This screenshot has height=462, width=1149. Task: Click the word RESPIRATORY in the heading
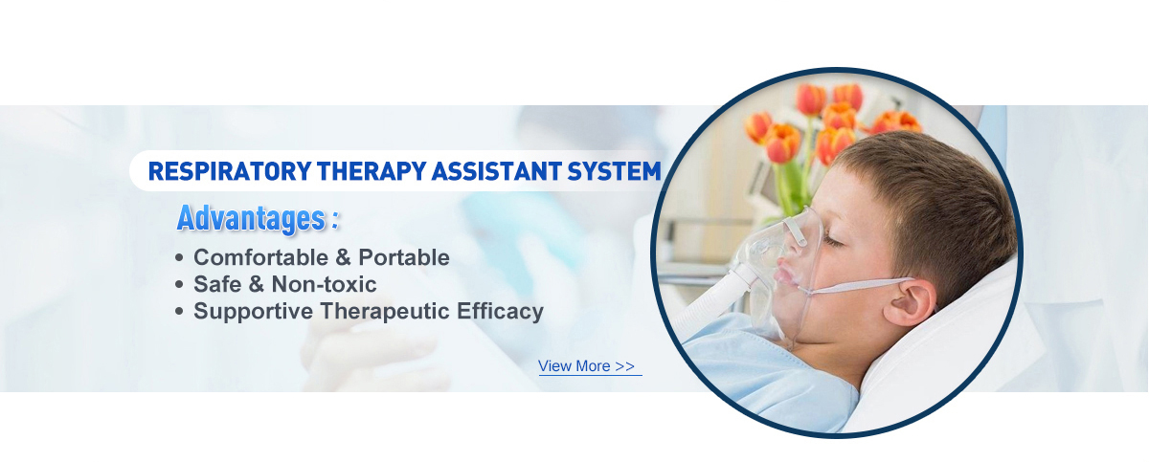[x=229, y=171]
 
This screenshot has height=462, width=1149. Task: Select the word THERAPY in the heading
[x=372, y=171]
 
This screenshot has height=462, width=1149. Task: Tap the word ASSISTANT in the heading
[x=496, y=171]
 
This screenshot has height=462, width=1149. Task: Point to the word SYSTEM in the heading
[x=614, y=171]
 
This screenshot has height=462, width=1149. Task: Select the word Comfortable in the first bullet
[x=260, y=257]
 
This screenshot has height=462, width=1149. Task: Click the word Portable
[x=404, y=257]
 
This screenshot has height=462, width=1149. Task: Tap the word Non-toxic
[x=324, y=284]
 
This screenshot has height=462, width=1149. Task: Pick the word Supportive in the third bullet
[x=253, y=312]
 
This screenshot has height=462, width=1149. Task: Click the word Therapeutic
[x=385, y=311]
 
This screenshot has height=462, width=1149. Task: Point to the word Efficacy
[x=500, y=312]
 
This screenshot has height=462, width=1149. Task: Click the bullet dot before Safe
[x=178, y=284]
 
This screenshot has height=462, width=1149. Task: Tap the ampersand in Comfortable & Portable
[x=343, y=257]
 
